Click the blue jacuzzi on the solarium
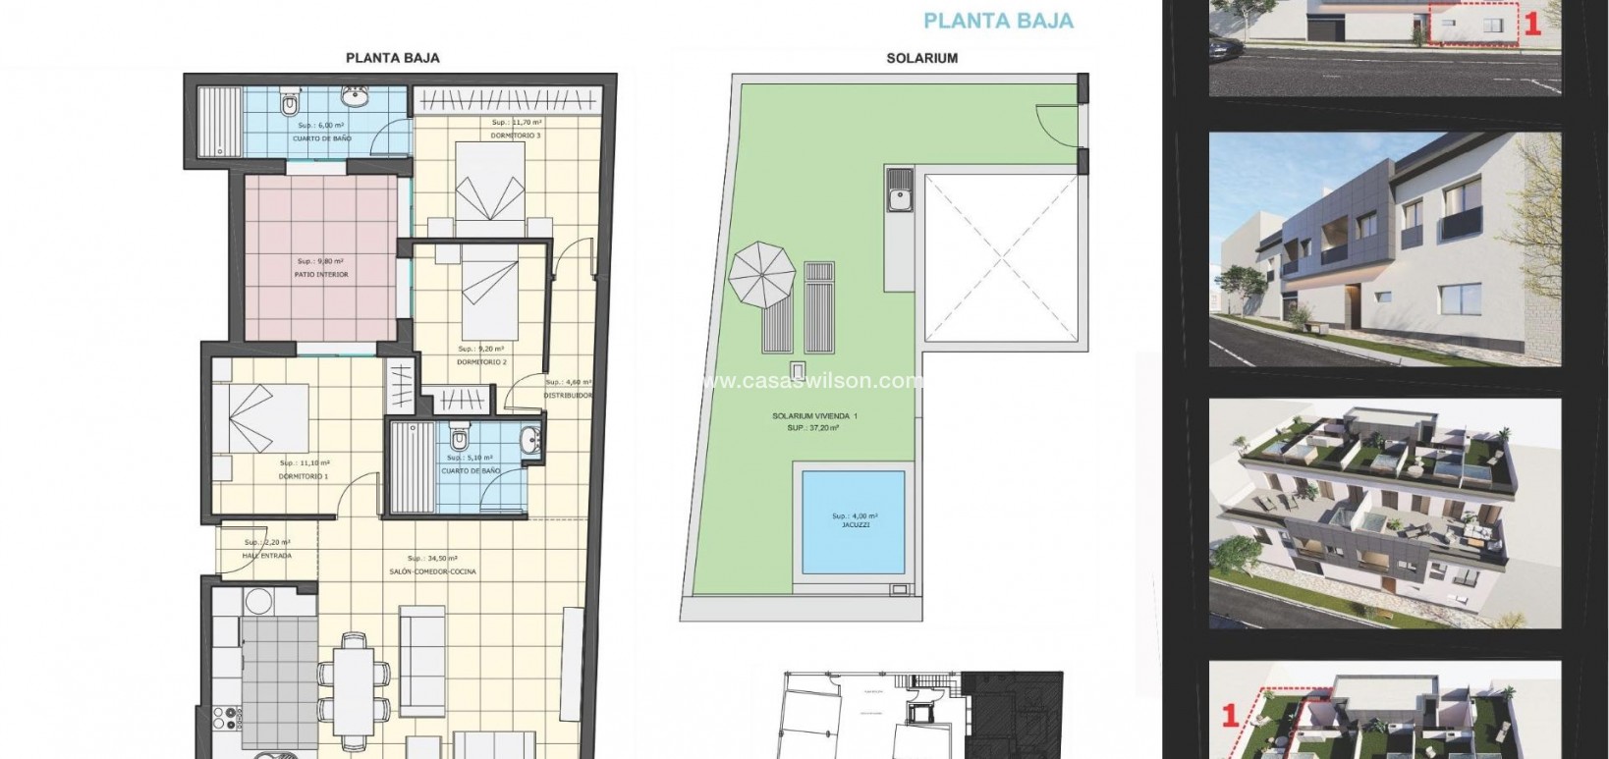click(x=852, y=521)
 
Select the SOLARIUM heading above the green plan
click(x=921, y=58)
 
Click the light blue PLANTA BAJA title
click(x=998, y=21)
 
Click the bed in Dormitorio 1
click(x=260, y=417)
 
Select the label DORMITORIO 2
click(x=481, y=362)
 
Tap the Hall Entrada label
click(x=266, y=556)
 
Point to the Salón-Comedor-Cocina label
click(x=441, y=571)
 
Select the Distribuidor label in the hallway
click(x=568, y=396)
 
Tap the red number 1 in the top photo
click(x=1531, y=22)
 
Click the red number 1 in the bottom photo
click(x=1228, y=716)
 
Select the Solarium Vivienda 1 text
click(x=814, y=416)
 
